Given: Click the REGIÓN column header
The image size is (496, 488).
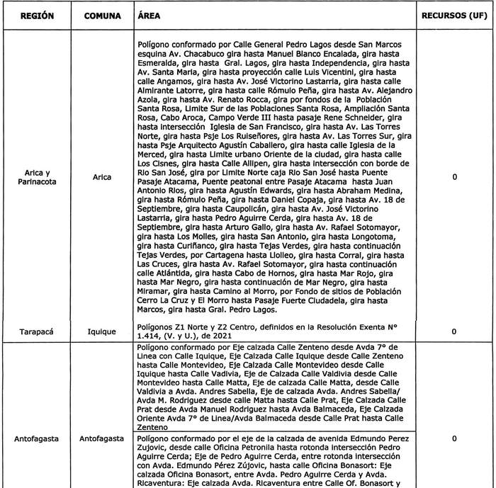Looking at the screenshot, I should (x=36, y=15).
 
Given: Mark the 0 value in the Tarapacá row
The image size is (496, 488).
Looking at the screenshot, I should (x=453, y=330).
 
